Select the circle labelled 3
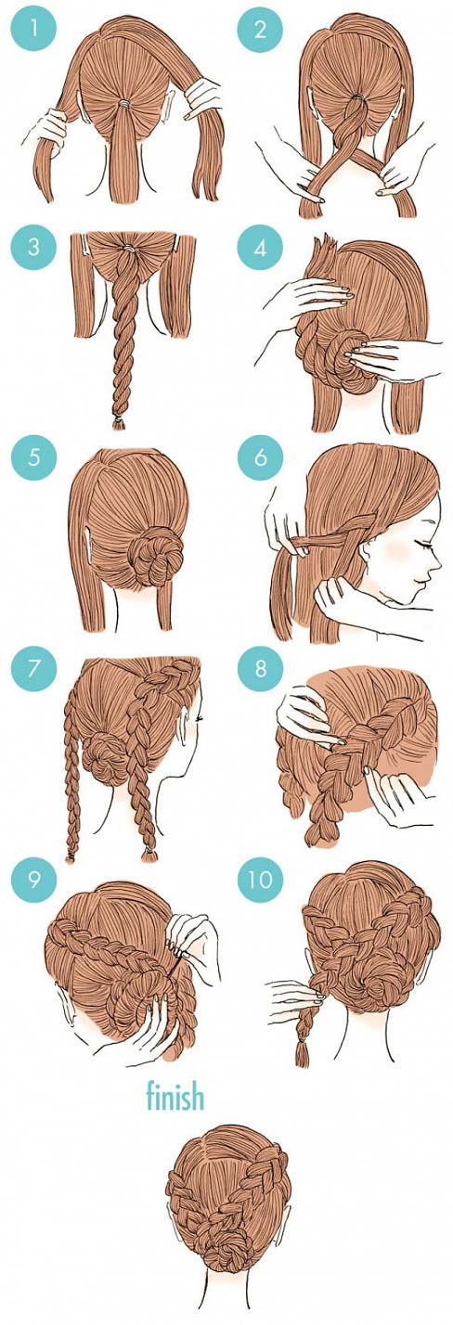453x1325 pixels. point(33,247)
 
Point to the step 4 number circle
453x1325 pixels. point(261,248)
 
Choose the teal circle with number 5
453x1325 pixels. point(33,457)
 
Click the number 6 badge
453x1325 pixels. point(261,457)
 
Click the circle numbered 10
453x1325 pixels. point(261,880)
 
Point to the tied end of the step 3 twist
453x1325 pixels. point(120,422)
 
